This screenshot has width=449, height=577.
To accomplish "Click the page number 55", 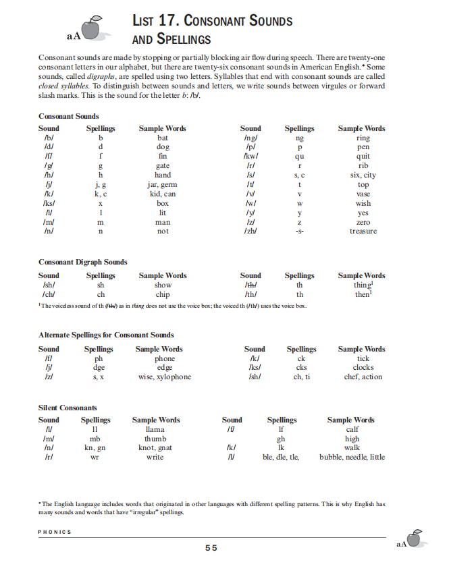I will click(211, 548).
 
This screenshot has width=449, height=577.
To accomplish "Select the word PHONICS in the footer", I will click(55, 532).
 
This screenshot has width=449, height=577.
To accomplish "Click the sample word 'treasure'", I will click(363, 231).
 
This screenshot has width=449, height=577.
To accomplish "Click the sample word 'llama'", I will click(155, 429).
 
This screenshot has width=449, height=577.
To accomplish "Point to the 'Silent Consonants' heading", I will click(68, 408).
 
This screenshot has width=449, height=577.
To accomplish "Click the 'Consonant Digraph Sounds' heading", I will click(83, 262).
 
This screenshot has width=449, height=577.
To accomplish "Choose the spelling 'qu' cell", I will click(300, 156).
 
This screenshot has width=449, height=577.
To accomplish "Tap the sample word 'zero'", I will click(363, 222).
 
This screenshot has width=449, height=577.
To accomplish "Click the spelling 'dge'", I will click(99, 368).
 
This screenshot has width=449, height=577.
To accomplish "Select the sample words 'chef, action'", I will click(363, 377).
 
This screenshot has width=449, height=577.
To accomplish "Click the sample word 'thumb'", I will click(155, 439).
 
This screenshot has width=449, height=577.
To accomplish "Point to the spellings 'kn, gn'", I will click(95, 447).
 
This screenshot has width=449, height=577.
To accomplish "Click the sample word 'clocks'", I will click(363, 368).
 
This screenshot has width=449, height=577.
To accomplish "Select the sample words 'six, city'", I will click(363, 175).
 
